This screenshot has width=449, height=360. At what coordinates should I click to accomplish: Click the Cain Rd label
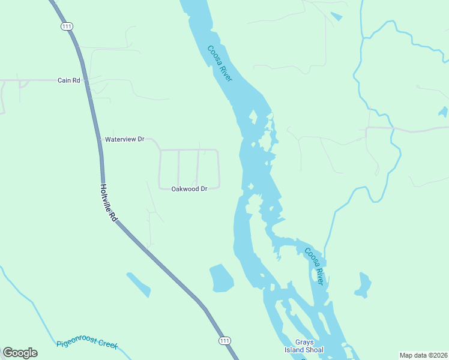(68, 80)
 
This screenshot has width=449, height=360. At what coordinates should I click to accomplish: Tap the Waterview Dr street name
(125, 139)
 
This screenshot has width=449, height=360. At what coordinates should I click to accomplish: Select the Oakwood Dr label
(189, 188)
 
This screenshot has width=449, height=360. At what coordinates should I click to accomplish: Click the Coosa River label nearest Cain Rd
(220, 64)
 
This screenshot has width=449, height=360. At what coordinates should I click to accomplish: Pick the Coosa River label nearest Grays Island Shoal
(316, 266)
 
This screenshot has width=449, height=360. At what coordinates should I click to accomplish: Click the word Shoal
(313, 350)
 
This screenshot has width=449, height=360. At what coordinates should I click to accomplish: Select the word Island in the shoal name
(294, 350)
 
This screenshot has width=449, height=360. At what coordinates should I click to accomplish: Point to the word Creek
(109, 345)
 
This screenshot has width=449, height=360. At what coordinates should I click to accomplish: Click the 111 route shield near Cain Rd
(67, 26)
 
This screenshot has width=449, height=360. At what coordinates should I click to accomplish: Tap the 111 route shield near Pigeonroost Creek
(224, 340)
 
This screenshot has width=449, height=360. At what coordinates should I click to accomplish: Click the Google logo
(20, 352)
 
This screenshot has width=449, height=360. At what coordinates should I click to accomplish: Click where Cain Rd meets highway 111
(85, 80)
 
